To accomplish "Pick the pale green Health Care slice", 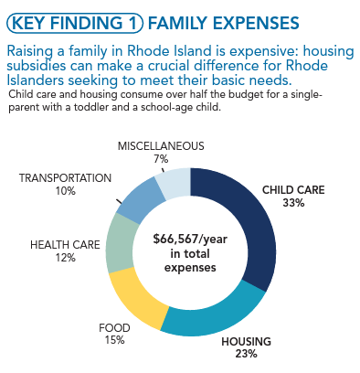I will pyautogui.click(x=119, y=243).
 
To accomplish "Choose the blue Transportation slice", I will pyautogui.click(x=138, y=193).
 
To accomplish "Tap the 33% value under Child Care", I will pyautogui.click(x=293, y=202).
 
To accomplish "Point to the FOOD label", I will pyautogui.click(x=114, y=326).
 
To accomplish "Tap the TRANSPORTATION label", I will pyautogui.click(x=66, y=177).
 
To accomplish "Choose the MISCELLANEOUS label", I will pyautogui.click(x=161, y=145).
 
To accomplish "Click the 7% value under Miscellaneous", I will pyautogui.click(x=161, y=158).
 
